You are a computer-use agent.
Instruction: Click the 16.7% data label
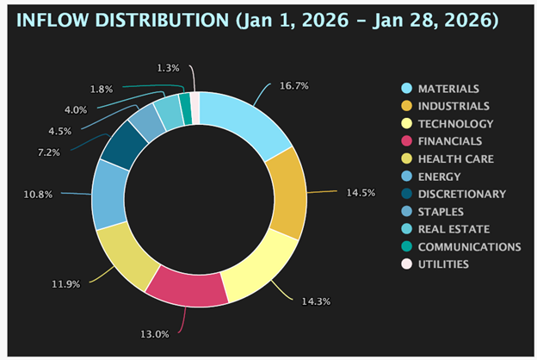[293, 86]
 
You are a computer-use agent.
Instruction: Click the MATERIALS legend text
[448, 89]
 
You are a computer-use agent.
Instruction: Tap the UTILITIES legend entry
[443, 264]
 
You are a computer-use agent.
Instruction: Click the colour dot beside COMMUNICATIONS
[405, 246]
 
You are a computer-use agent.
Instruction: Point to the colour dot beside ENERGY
[405, 176]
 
